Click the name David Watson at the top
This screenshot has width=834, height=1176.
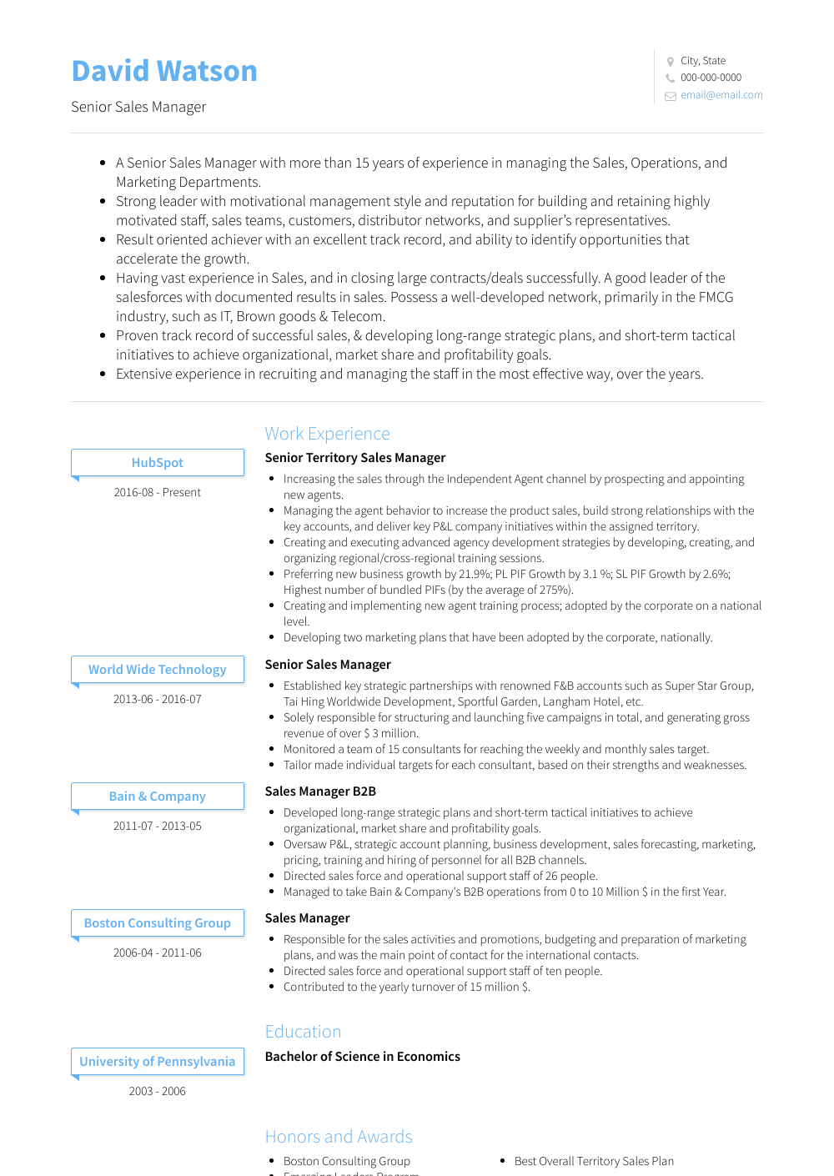[164, 72]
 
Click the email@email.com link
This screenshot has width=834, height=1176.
[721, 95]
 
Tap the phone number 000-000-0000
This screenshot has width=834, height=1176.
[711, 78]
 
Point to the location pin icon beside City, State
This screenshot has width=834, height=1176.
[670, 62]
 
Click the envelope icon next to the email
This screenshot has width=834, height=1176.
[670, 96]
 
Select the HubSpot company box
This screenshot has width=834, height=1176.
[158, 463]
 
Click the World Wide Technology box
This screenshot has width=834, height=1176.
[158, 670]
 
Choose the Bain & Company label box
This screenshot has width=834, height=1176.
[158, 797]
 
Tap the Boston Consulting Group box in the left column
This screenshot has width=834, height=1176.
[158, 923]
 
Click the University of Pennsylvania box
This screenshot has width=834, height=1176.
[158, 1062]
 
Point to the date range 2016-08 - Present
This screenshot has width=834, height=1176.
[158, 493]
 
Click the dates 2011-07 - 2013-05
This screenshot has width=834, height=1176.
[158, 827]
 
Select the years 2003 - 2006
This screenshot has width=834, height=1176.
[158, 1092]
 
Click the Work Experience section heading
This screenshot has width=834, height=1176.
[327, 434]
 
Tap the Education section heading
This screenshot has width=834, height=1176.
[303, 1032]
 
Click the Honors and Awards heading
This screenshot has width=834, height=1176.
[339, 1137]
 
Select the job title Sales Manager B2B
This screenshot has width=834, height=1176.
[320, 792]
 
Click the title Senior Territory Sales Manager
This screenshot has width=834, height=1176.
[355, 458]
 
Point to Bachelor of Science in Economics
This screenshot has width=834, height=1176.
[362, 1057]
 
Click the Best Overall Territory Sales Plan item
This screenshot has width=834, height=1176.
[594, 1161]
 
